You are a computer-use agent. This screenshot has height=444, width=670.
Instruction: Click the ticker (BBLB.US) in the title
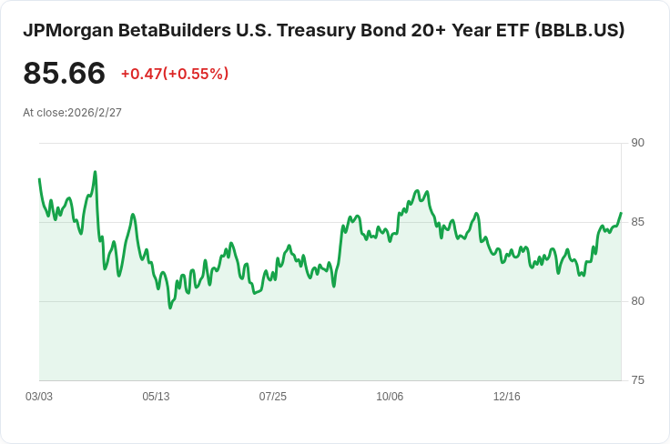580,30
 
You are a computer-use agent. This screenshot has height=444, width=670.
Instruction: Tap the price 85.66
64,74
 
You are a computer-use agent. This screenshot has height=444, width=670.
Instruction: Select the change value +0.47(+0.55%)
175,74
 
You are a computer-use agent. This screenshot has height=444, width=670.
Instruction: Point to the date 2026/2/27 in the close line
95,113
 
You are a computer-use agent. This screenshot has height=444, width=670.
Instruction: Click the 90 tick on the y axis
637,143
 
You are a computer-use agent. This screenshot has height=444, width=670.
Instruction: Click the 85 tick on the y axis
637,222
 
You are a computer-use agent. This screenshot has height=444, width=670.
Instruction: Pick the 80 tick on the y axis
637,301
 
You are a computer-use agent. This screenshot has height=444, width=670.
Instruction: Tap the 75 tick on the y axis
637,380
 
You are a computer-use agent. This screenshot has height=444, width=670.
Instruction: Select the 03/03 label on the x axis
39,397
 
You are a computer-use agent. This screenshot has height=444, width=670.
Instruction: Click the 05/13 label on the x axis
156,397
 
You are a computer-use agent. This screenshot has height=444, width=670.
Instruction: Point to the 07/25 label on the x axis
273,397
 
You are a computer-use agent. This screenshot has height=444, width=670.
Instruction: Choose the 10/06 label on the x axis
390,397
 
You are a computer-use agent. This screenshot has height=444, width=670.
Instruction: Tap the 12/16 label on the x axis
506,397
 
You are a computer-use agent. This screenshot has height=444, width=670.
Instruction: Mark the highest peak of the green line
95,172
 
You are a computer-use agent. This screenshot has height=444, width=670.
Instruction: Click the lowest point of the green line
169,308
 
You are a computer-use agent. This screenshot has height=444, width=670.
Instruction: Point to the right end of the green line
621,214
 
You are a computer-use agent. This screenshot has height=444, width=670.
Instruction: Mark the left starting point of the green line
39,179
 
